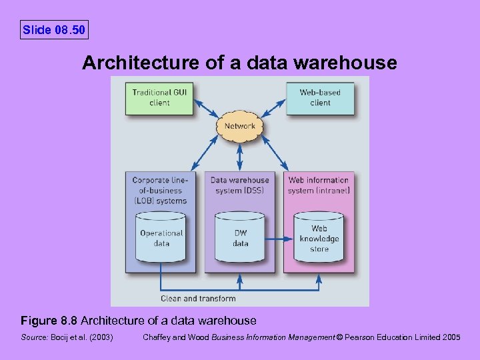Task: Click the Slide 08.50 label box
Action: tap(54, 30)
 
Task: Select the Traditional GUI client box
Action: tap(159, 97)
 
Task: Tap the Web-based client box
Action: tap(320, 97)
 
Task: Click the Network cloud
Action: tap(240, 126)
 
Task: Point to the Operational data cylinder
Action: tap(161, 237)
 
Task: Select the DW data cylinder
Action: tap(240, 237)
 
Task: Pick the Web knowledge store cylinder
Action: tap(319, 237)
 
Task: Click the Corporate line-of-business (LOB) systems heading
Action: tap(159, 190)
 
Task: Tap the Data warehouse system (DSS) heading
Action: tap(240, 185)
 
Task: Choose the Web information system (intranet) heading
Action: tap(319, 185)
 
